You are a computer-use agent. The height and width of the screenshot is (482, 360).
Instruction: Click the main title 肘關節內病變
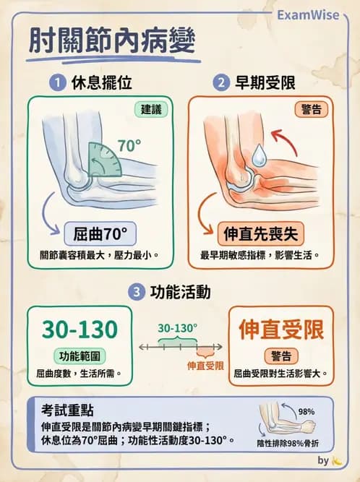pyautogui.click(x=113, y=41)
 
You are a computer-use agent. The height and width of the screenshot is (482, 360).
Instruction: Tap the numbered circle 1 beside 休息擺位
pyautogui.click(x=56, y=83)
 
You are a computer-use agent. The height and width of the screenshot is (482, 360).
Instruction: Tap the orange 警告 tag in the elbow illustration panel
pyautogui.click(x=311, y=110)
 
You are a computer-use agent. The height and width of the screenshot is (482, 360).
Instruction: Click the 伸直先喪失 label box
pyautogui.click(x=261, y=233)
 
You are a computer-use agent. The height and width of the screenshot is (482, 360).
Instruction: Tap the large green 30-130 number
pyautogui.click(x=80, y=330)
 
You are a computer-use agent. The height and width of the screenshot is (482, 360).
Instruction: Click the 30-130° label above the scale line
pyautogui.click(x=178, y=327)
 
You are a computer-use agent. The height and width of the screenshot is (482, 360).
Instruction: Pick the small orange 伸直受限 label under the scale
pyautogui.click(x=205, y=366)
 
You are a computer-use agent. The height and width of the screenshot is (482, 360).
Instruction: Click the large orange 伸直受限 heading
pyautogui.click(x=282, y=330)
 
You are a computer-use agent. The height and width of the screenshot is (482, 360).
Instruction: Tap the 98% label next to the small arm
pyautogui.click(x=307, y=412)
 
